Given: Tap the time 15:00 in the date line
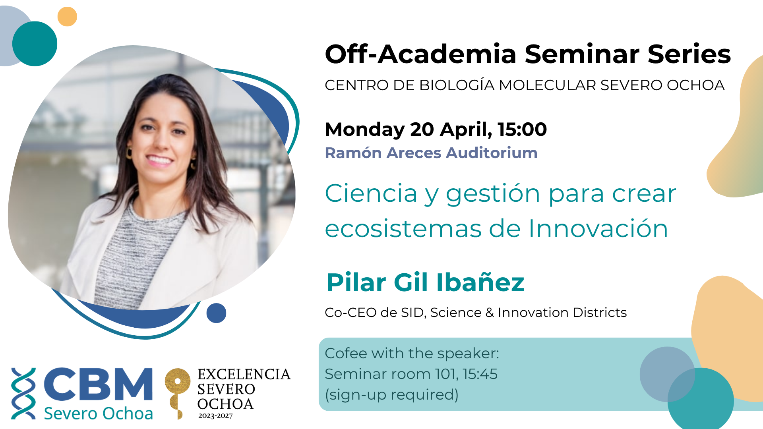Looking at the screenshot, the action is [522, 129].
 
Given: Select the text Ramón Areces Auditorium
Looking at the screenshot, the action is [431, 153].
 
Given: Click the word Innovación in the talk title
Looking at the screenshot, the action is [598, 229].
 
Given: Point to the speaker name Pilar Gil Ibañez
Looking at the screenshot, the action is [425, 282].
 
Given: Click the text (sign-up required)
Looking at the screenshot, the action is [392, 395].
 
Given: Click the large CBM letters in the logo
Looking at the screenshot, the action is [98, 384].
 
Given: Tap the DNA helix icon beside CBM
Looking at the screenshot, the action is [23, 393].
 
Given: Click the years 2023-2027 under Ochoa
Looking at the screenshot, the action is [215, 416].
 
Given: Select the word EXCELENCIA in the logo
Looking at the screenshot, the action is [244, 374].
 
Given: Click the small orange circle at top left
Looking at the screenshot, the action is [67, 17].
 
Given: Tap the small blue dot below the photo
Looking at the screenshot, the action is [216, 313].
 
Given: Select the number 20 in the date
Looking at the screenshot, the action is [422, 129].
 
